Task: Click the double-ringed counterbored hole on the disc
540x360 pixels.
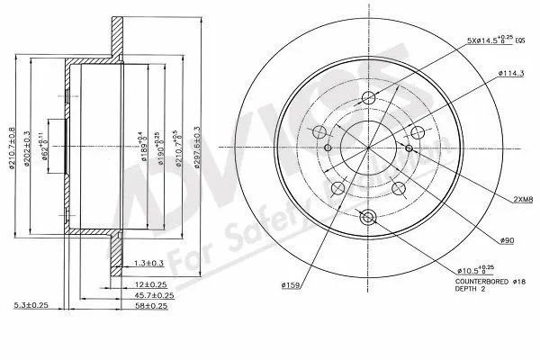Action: [x=365, y=217]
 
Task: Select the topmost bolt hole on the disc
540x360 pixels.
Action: [x=366, y=99]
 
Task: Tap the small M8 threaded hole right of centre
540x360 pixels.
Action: [x=409, y=148]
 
